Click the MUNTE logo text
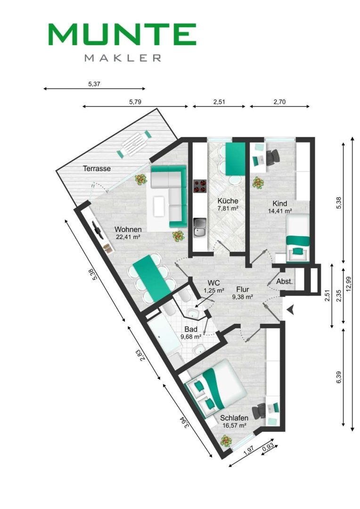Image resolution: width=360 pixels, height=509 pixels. [x=122, y=34]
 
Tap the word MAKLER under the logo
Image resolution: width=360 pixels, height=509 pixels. [x=123, y=58]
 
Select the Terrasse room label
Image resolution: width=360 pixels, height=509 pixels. [x=97, y=169]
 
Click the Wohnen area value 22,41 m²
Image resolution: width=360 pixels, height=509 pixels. [x=128, y=237]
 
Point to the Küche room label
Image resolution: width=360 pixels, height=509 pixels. [x=228, y=201]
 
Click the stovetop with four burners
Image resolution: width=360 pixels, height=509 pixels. [x=200, y=187]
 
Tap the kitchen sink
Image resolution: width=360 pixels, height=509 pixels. [x=200, y=228]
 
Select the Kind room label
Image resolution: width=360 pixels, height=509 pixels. [x=280, y=204]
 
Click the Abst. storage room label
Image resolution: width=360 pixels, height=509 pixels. [x=284, y=282]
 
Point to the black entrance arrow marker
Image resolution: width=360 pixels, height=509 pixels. [x=291, y=310]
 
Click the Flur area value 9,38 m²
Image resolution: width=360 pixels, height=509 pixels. [x=243, y=296]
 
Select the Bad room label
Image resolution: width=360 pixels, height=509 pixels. [x=191, y=329]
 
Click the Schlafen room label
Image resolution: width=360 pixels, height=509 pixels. [x=234, y=418]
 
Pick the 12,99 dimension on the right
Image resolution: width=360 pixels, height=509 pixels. [x=349, y=284]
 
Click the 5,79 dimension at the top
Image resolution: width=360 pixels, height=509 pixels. [x=135, y=102]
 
